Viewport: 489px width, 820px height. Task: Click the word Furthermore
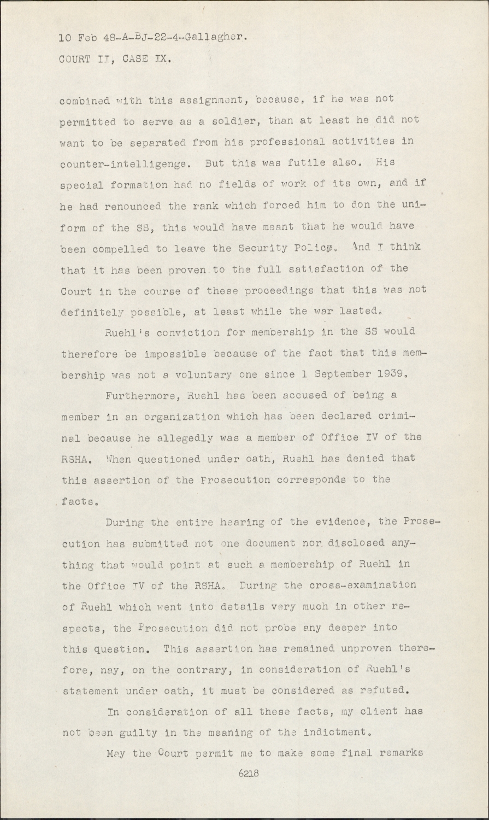(139, 395)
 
